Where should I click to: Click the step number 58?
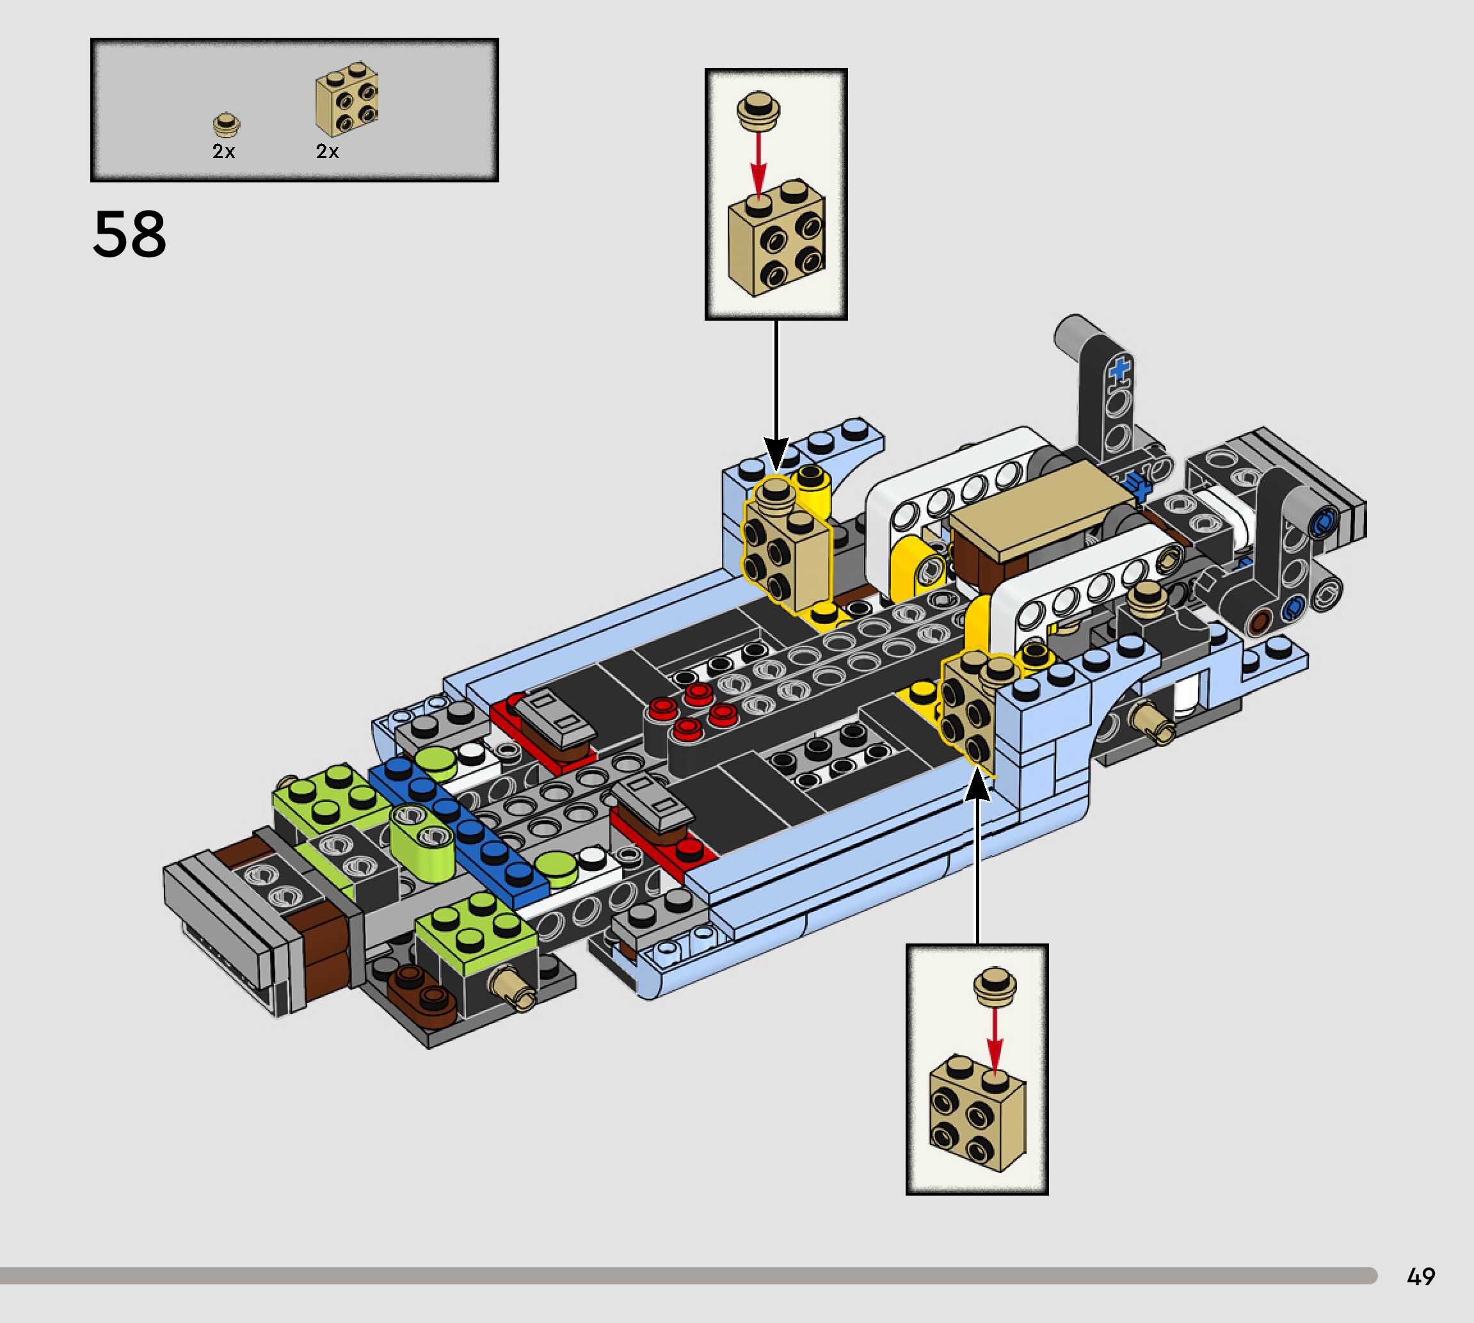pyautogui.click(x=129, y=234)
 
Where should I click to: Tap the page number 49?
pyautogui.click(x=1421, y=1276)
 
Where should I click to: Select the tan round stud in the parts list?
pyautogui.click(x=227, y=124)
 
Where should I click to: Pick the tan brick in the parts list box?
pyautogui.click(x=347, y=99)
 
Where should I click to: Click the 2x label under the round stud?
pyautogui.click(x=223, y=151)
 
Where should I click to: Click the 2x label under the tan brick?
pyautogui.click(x=327, y=151)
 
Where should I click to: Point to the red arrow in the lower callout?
pyautogui.click(x=995, y=1039)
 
